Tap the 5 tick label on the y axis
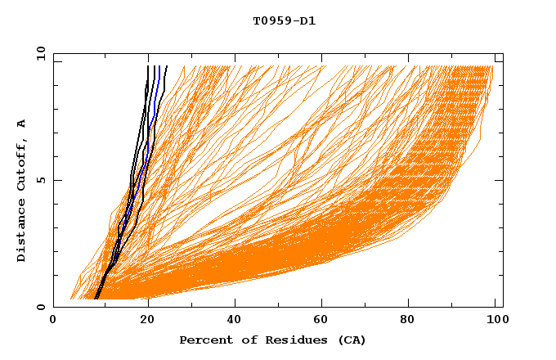(41, 180)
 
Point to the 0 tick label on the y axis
(41, 308)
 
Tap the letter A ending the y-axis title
(22, 124)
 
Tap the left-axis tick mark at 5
(56, 180)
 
